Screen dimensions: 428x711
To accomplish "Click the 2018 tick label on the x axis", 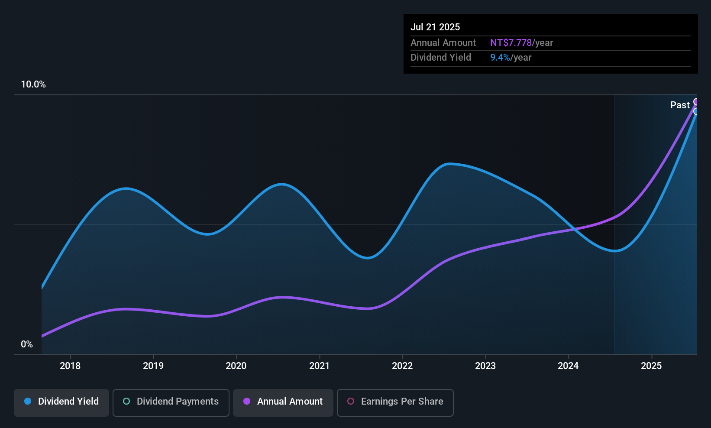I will pyautogui.click(x=70, y=366).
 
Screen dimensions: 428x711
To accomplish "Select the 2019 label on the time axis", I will pyautogui.click(x=153, y=366).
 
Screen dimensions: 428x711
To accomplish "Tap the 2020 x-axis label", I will pyautogui.click(x=236, y=366).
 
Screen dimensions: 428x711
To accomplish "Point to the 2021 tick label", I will pyautogui.click(x=319, y=366).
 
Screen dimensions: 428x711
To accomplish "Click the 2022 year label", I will pyautogui.click(x=402, y=366).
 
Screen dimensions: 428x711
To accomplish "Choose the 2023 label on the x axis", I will pyautogui.click(x=485, y=366).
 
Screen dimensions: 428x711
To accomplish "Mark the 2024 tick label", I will pyautogui.click(x=568, y=366).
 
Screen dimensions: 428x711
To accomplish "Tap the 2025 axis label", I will pyautogui.click(x=651, y=366).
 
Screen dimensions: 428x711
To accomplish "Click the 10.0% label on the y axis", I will pyautogui.click(x=33, y=84).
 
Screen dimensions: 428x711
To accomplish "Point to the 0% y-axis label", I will pyautogui.click(x=27, y=344).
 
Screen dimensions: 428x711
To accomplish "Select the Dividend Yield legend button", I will pyautogui.click(x=61, y=402).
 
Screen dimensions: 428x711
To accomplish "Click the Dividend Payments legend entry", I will pyautogui.click(x=171, y=402).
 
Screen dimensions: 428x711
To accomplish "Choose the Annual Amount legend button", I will pyautogui.click(x=283, y=402).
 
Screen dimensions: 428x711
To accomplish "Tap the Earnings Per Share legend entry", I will pyautogui.click(x=395, y=402).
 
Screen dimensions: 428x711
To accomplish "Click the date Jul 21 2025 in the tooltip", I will pyautogui.click(x=435, y=27).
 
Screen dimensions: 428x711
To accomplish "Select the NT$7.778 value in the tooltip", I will pyautogui.click(x=511, y=43).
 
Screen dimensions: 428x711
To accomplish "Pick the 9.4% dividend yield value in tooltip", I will pyautogui.click(x=500, y=58).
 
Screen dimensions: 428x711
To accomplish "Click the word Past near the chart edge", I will pyautogui.click(x=680, y=105).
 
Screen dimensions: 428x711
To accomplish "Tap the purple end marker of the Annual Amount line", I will pyautogui.click(x=696, y=102).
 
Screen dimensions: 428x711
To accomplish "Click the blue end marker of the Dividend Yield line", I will pyautogui.click(x=696, y=111).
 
